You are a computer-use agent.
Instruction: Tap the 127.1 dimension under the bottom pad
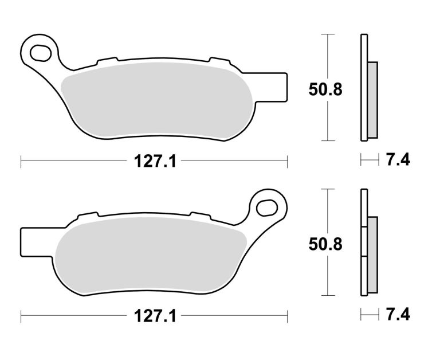154,315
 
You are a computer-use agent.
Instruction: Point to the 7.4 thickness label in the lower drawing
398,315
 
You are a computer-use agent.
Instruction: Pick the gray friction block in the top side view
372,100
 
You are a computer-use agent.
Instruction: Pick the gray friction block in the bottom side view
372,253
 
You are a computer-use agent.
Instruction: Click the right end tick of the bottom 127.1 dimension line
287,315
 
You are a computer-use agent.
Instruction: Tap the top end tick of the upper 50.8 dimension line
327,34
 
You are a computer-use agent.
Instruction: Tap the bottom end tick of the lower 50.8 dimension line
327,296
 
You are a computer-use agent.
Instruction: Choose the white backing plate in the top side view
363,87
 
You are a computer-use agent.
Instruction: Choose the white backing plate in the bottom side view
363,242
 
